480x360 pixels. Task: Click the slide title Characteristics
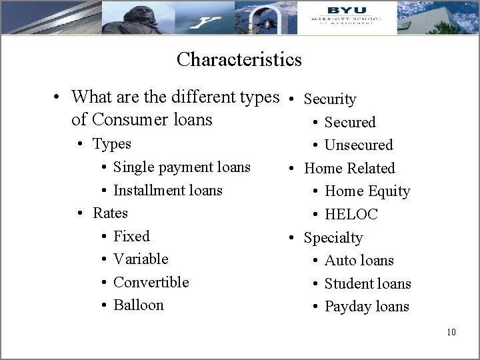(239, 60)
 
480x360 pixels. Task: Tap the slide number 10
(451, 332)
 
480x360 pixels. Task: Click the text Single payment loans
(181, 167)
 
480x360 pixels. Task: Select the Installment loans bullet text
(167, 190)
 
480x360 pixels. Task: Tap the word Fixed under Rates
(131, 236)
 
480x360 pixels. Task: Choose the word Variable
(141, 259)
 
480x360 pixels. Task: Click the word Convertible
(151, 282)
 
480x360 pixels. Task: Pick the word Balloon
(138, 305)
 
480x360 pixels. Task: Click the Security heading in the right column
(329, 99)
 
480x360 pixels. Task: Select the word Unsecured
(359, 145)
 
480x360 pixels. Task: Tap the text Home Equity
(367, 191)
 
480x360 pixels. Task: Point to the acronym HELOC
(351, 214)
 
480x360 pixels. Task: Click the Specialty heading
(333, 237)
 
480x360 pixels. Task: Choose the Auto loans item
(359, 260)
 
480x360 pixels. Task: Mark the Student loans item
(367, 283)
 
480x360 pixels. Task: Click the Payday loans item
(367, 307)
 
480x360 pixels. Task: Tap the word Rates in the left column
(110, 213)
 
